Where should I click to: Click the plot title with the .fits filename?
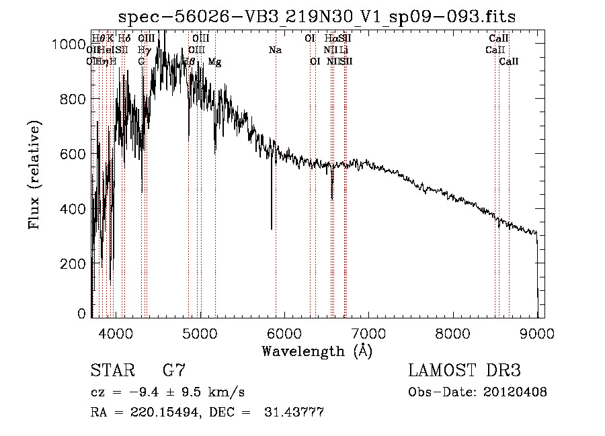(317, 17)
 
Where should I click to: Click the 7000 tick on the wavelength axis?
(368, 333)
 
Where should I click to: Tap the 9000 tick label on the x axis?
(537, 333)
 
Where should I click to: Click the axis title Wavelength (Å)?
(317, 351)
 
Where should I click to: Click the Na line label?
(275, 50)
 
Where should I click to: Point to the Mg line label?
(214, 62)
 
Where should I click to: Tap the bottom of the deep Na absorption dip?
(272, 228)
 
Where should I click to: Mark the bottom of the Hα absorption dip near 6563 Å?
(332, 198)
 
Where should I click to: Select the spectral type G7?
(174, 371)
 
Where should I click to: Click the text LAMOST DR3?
(464, 371)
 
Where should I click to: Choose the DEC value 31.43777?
(297, 412)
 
